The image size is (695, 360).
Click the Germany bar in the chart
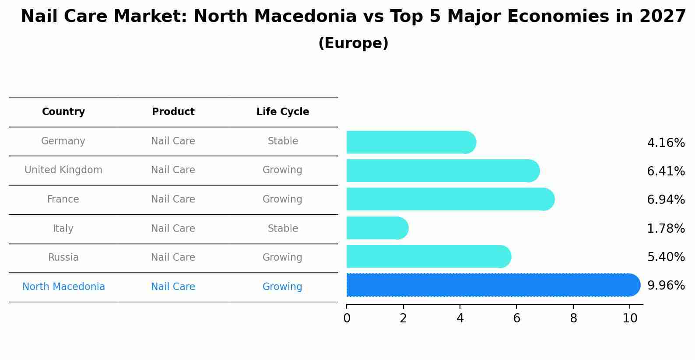(411, 142)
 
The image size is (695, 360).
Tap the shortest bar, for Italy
(377, 228)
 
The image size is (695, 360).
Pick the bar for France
(450, 199)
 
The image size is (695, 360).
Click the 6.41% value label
(666, 171)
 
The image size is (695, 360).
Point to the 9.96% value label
(666, 286)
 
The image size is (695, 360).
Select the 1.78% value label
(666, 228)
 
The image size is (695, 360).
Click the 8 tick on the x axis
(573, 318)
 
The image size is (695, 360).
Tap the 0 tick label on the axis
(347, 318)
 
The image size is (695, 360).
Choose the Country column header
(63, 112)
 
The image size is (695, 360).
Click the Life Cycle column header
(283, 112)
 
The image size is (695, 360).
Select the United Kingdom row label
(63, 170)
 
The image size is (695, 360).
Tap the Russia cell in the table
(63, 258)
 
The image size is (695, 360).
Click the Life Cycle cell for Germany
(283, 141)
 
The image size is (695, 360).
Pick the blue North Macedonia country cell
(63, 287)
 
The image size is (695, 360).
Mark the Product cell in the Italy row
(173, 229)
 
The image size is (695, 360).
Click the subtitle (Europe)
(353, 43)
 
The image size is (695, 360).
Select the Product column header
(173, 112)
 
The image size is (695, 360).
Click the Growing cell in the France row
(282, 199)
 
